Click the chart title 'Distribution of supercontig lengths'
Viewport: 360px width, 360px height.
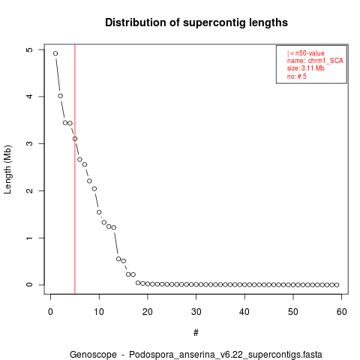tap(196, 22)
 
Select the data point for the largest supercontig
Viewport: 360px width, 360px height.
tap(55, 53)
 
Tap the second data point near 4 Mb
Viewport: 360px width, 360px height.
tap(60, 96)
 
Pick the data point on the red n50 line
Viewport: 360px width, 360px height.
tap(75, 139)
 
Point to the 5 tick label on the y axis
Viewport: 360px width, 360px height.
tap(29, 49)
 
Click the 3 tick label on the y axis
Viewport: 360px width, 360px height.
tap(29, 143)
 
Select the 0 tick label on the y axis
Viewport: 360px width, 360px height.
tap(29, 285)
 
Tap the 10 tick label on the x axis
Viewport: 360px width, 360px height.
tap(99, 312)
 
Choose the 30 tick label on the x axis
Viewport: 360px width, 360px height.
tap(196, 312)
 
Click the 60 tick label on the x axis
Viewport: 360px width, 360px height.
tap(342, 312)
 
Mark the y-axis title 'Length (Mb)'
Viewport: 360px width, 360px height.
tap(7, 169)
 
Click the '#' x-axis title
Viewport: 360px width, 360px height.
tap(196, 333)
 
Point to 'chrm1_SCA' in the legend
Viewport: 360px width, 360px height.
tap(325, 61)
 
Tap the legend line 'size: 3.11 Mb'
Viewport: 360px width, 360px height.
tap(306, 68)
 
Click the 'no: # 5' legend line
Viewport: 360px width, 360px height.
tap(297, 76)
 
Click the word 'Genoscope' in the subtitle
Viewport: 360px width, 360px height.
tap(93, 355)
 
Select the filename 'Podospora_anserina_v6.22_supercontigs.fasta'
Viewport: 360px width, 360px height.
tap(226, 355)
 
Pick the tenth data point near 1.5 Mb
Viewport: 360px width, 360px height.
tap(99, 212)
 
